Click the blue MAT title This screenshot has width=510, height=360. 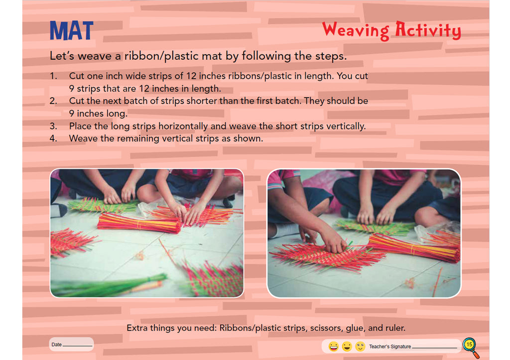72,30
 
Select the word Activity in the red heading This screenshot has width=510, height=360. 428,30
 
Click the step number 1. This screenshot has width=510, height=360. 53,76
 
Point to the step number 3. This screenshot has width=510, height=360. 53,126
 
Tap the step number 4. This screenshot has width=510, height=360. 53,138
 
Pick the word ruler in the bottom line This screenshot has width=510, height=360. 395,328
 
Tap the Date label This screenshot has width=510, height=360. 57,345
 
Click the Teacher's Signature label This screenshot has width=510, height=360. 390,347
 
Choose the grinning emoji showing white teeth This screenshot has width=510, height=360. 333,347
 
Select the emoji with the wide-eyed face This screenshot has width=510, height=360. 360,347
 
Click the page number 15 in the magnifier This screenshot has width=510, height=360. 469,345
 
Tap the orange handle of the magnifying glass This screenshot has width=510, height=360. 476,354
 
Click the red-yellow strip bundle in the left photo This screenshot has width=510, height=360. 139,223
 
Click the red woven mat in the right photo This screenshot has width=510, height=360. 327,255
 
